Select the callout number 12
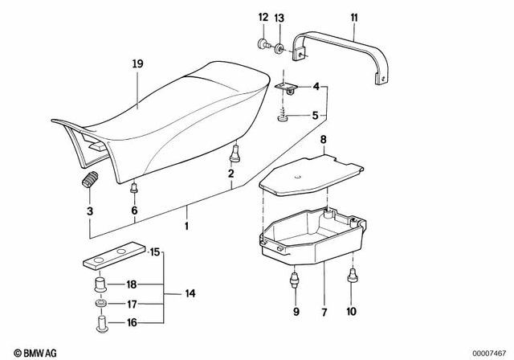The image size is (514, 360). (263, 18)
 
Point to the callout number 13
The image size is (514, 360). (279, 18)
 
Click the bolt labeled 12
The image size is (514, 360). (263, 46)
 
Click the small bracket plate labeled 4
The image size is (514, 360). (286, 86)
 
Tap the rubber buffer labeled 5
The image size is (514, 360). (284, 118)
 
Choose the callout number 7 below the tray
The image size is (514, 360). (324, 310)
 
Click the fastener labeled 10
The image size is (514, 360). (351, 278)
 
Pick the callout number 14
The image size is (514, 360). (190, 293)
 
